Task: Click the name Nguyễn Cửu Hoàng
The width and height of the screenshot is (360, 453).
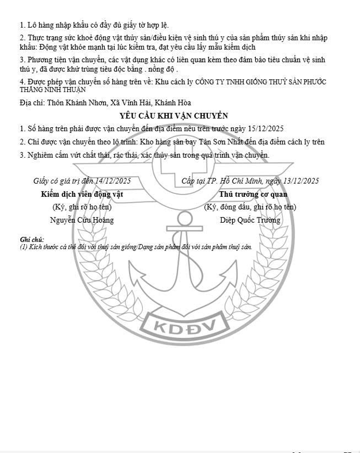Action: [82, 220]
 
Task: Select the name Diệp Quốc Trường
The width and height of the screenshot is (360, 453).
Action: [250, 220]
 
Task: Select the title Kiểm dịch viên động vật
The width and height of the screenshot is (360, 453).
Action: [82, 195]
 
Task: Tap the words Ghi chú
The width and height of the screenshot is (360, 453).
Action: [32, 239]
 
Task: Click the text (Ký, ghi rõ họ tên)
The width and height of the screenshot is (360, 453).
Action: [81, 207]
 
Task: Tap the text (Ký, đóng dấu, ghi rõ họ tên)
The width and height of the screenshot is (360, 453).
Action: [250, 207]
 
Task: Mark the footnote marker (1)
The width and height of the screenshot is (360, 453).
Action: [24, 246]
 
